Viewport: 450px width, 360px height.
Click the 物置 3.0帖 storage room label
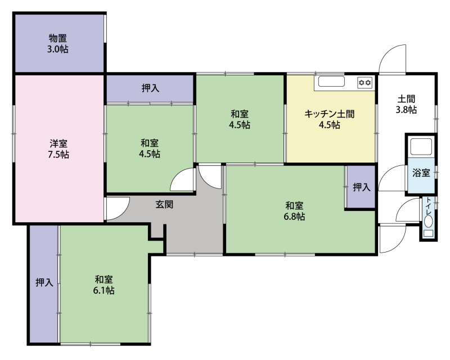point(58,43)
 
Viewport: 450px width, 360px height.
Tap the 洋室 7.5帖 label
point(58,148)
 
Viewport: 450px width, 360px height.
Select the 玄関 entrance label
point(164,204)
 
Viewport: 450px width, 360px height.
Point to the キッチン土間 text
point(330,114)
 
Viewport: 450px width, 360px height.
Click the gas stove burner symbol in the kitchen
point(364,83)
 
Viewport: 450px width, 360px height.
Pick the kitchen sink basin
point(331,82)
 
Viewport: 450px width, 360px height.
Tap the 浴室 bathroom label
point(421,173)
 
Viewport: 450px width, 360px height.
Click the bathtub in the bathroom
point(421,147)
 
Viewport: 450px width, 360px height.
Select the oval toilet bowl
point(429,222)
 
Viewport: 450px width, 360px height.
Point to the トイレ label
point(429,206)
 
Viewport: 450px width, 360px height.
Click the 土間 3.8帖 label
point(406,104)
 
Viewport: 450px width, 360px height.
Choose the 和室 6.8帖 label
point(294,211)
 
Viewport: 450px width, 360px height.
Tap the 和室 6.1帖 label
point(103,285)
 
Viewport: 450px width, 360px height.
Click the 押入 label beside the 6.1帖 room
point(44,282)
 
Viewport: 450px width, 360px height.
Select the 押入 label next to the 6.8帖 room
point(362,187)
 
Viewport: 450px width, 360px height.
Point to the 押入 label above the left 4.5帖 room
point(150,88)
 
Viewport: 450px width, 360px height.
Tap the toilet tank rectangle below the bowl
point(429,233)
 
